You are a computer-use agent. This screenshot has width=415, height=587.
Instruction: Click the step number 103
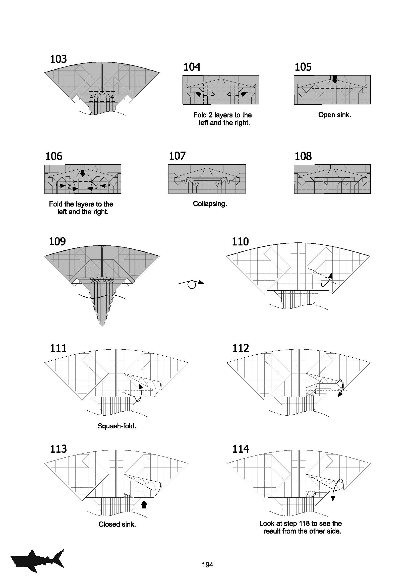58,59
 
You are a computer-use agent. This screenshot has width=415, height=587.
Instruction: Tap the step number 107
177,156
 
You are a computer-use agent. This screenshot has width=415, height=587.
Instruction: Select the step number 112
241,348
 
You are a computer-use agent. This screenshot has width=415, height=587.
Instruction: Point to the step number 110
240,242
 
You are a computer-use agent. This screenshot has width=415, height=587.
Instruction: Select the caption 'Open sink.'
334,115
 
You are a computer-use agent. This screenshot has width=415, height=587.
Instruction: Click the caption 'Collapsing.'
210,204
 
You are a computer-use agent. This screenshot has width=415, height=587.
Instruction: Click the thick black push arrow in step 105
335,80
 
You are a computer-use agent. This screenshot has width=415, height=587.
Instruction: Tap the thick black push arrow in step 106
82,173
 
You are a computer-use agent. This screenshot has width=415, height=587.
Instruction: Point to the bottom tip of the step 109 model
102,327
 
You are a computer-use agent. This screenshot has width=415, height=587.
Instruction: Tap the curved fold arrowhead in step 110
331,276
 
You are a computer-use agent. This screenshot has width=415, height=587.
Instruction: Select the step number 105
303,67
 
